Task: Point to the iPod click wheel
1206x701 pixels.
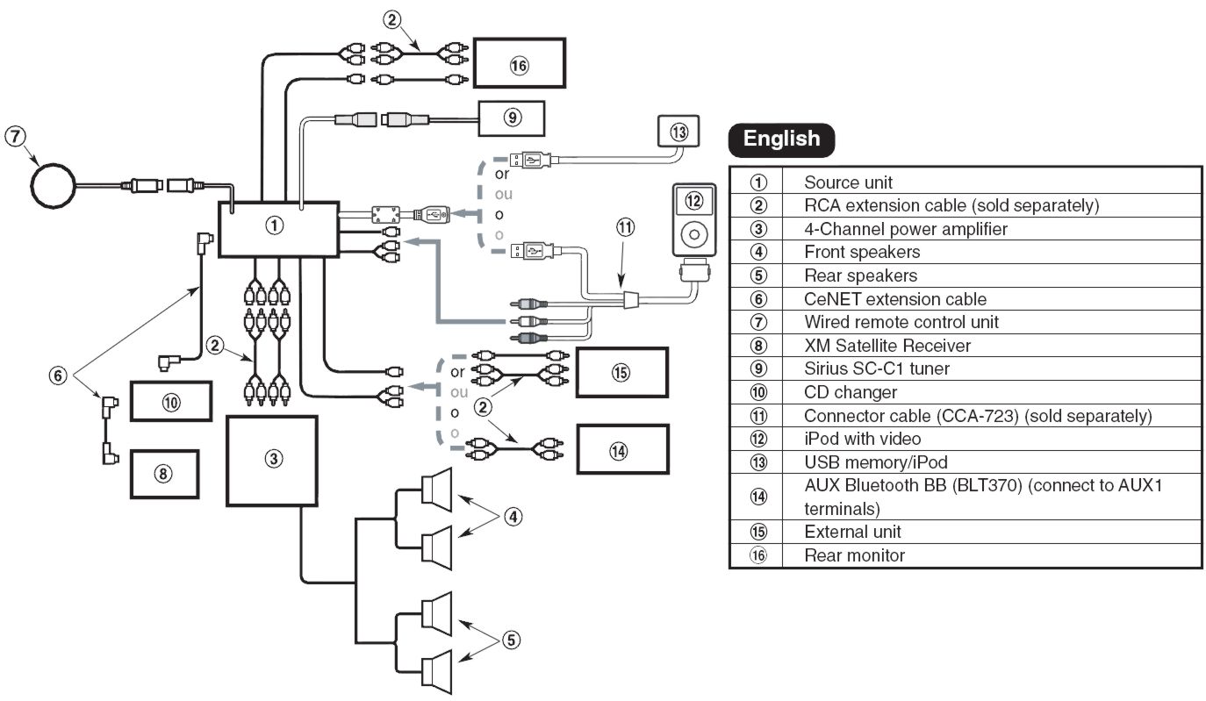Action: pyautogui.click(x=694, y=234)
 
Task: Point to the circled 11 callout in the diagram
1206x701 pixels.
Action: pyautogui.click(x=625, y=227)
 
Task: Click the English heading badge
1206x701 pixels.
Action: pyautogui.click(x=781, y=139)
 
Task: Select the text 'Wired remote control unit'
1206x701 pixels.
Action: pyautogui.click(x=901, y=322)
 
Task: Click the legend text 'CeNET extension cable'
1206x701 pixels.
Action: pyautogui.click(x=894, y=298)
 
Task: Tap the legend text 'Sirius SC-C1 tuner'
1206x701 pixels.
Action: pyautogui.click(x=877, y=368)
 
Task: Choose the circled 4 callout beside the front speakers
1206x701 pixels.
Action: pyautogui.click(x=513, y=517)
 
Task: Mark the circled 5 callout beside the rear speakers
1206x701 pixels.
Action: pyautogui.click(x=512, y=640)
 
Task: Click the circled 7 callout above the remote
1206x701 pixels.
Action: pyautogui.click(x=15, y=136)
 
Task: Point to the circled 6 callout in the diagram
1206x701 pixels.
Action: pyautogui.click(x=58, y=375)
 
